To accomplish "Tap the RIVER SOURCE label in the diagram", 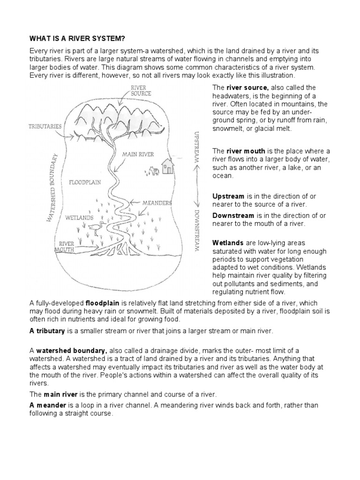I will click(141, 90).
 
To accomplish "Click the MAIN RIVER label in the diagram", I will click(138, 154).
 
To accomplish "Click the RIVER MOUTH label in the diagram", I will click(66, 247).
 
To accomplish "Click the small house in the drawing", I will click(167, 165).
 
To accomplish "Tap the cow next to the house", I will click(151, 171).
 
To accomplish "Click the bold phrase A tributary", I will click(46, 331).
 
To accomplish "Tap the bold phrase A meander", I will click(46, 405).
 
